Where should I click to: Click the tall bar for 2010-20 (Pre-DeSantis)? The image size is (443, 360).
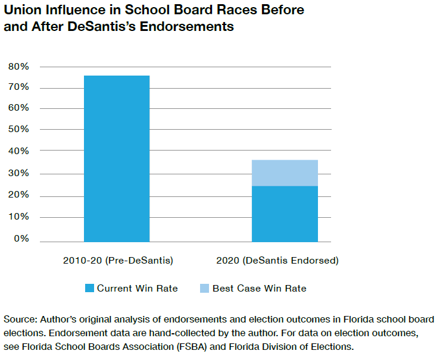pyautogui.click(x=117, y=158)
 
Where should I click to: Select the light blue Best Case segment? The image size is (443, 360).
pyautogui.click(x=285, y=173)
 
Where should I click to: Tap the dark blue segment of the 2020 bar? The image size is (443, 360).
pyautogui.click(x=285, y=214)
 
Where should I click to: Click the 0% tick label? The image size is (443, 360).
pyautogui.click(x=21, y=239)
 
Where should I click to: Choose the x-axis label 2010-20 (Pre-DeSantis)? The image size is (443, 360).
pyautogui.click(x=117, y=261)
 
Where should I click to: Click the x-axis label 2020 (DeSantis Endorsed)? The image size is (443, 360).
pyautogui.click(x=285, y=261)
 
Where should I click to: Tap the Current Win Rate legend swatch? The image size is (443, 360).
pyautogui.click(x=89, y=289)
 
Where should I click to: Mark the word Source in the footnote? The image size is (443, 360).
pyautogui.click(x=19, y=319)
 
